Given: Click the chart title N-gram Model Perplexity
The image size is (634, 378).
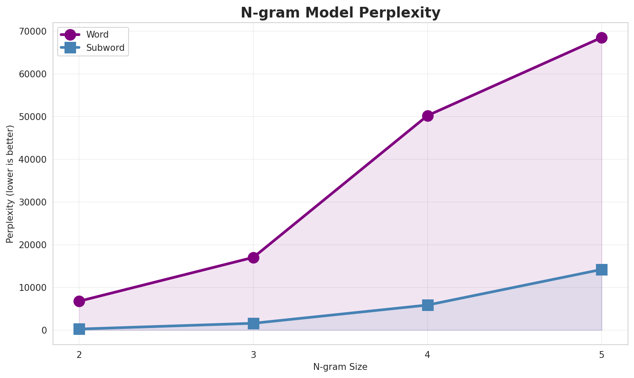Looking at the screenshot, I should pos(340,13).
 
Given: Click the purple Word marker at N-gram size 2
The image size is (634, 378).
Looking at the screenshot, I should pos(79,301).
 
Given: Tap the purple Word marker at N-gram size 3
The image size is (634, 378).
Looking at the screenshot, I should pos(253,258).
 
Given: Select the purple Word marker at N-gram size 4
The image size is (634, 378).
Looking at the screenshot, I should pos(428,116).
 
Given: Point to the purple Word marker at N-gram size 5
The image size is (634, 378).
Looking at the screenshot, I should pos(602,38).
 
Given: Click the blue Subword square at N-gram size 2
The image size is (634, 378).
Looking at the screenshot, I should pos(79,329).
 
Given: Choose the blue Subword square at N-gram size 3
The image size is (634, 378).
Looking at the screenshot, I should pos(253,323).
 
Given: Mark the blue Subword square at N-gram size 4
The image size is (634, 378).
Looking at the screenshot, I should pos(428,305).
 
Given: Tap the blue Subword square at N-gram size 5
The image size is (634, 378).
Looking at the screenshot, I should pos(602,270).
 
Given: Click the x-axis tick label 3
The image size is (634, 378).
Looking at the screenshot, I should pos(253,355).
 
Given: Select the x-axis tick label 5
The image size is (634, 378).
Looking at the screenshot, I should pos(602,355).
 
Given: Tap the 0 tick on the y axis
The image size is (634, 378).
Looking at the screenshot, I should pos(44,330).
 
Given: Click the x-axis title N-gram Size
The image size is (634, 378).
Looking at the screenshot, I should pos(340,367).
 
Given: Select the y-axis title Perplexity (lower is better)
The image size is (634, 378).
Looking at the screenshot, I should pos(10,184).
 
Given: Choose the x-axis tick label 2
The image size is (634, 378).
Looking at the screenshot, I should pos(79,355).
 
